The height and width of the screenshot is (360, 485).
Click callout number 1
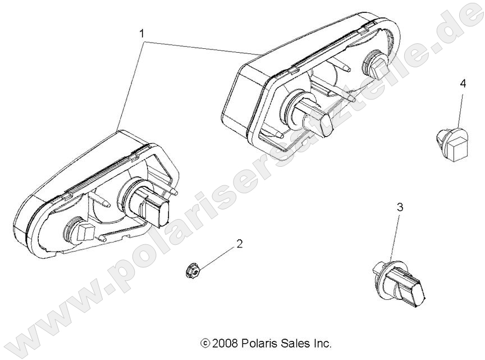coord(143,34)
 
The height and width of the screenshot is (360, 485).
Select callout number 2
coord(239,244)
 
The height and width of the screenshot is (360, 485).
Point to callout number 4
coord(463,84)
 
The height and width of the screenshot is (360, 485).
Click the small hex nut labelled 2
coord(191,271)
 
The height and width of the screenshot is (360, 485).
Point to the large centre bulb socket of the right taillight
coord(305,114)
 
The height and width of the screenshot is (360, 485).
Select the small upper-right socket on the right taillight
coord(373,65)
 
